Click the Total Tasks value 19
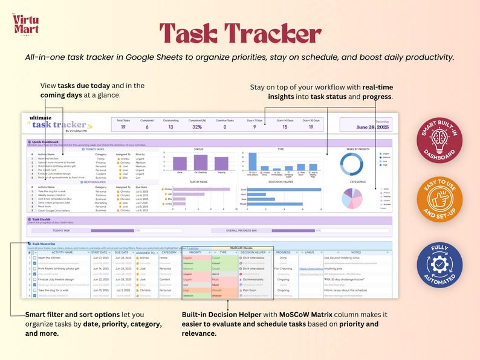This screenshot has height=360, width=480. point(123,127)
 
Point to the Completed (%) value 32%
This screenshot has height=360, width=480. point(196,127)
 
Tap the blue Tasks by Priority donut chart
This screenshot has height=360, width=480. point(351,164)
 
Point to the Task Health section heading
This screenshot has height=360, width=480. point(42,219)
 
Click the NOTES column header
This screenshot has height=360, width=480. point(356,252)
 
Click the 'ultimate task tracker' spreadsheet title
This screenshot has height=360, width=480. point(58,123)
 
